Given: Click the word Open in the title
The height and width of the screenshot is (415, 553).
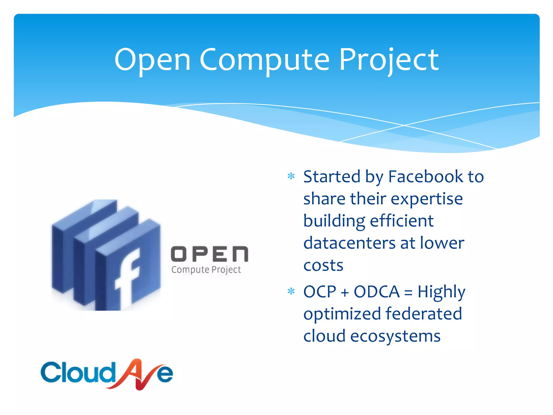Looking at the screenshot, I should pyautogui.click(x=153, y=60).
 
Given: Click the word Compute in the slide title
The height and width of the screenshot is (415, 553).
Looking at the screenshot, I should pyautogui.click(x=265, y=60).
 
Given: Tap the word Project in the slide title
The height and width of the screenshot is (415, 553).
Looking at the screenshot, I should pyautogui.click(x=389, y=60).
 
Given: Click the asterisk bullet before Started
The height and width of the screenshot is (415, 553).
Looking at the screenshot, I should pyautogui.click(x=291, y=177).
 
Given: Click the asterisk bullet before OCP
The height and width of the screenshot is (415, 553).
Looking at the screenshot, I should pyautogui.click(x=291, y=292).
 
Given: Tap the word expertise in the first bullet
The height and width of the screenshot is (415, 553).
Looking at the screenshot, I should pyautogui.click(x=427, y=199).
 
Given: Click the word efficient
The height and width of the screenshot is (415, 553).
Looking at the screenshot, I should pyautogui.click(x=402, y=221).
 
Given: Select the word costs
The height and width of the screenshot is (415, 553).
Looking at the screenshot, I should pyautogui.click(x=323, y=265).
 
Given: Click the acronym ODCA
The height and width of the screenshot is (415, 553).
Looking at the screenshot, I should pyautogui.click(x=377, y=292).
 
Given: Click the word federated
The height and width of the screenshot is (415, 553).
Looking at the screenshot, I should pyautogui.click(x=424, y=314).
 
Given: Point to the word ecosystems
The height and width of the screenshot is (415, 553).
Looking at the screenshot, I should pyautogui.click(x=395, y=336).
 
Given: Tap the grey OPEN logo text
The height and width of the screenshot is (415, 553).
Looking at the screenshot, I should pyautogui.click(x=210, y=254).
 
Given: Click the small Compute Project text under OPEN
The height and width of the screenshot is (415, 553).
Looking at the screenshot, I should pyautogui.click(x=206, y=270).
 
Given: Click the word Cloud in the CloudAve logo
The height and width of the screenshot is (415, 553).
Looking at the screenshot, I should pyautogui.click(x=77, y=373).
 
